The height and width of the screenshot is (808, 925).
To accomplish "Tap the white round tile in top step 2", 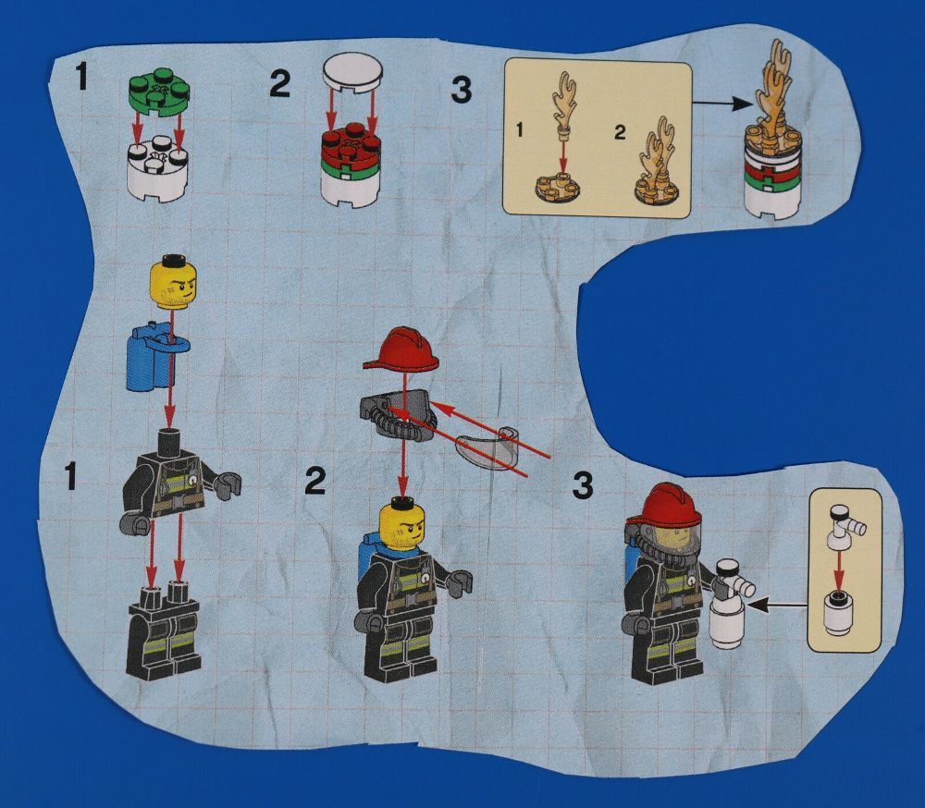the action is pyautogui.click(x=352, y=72).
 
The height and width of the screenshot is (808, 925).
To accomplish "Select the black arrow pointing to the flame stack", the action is pyautogui.click(x=721, y=104).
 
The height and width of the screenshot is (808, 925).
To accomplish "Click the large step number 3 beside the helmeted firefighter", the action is pyautogui.click(x=582, y=485).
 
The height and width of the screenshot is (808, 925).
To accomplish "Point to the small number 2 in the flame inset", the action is pyautogui.click(x=620, y=132).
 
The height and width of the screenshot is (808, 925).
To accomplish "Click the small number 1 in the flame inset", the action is pyautogui.click(x=520, y=129).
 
